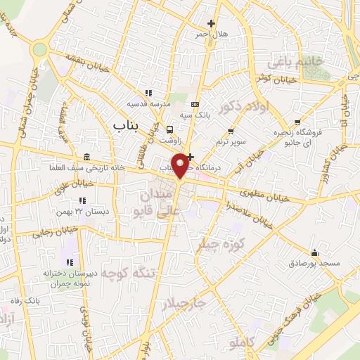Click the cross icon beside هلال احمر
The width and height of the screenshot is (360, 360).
point(211,24)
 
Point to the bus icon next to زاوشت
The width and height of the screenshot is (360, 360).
point(169,129)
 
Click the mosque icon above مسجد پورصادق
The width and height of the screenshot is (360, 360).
point(314,253)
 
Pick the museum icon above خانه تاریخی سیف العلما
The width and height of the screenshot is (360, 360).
point(86,156)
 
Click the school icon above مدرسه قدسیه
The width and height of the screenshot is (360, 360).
point(148,93)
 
